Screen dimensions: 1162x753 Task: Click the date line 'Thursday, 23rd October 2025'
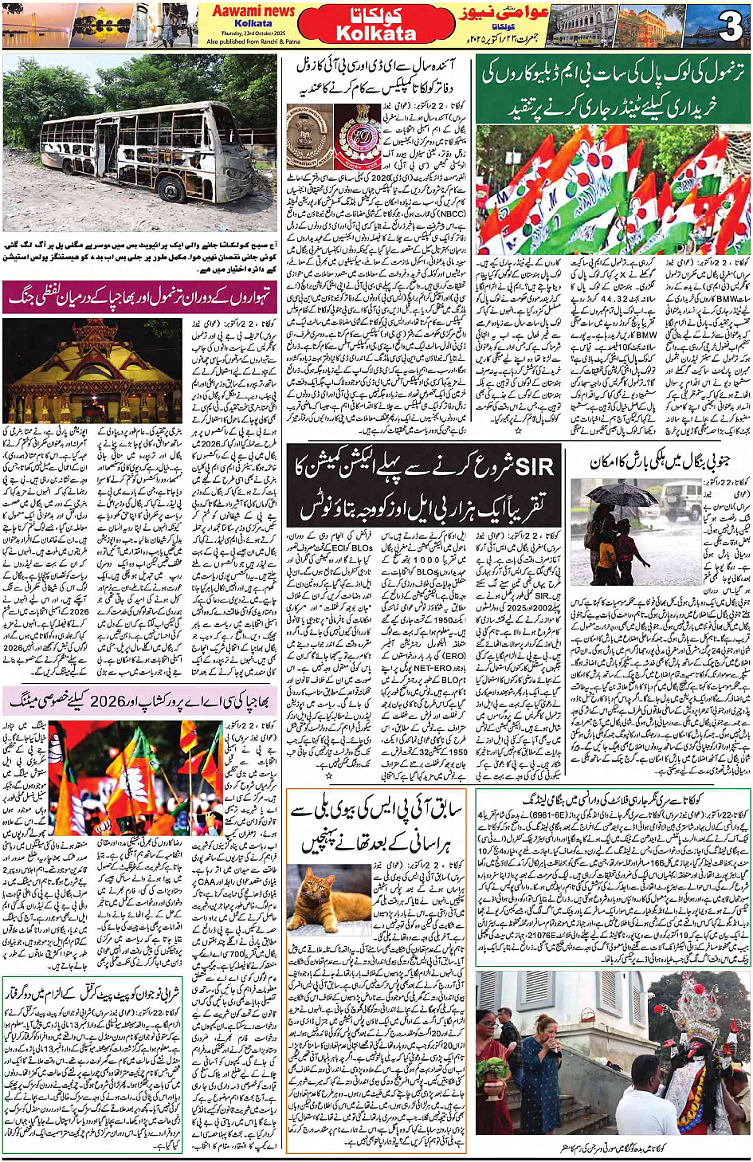[x=253, y=33]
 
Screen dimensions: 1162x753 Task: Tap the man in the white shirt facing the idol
[x=507, y=1028]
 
